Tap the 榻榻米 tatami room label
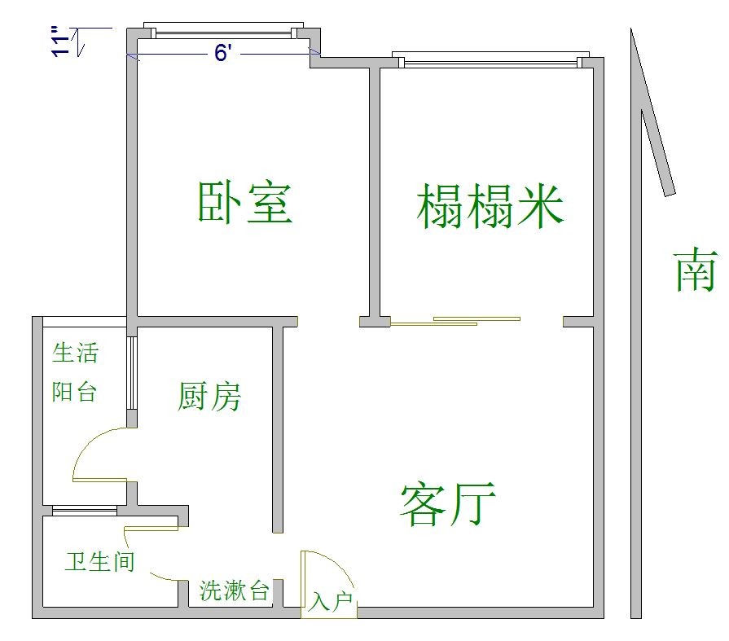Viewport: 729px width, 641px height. [x=490, y=205]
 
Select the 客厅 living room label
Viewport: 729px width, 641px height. [x=449, y=503]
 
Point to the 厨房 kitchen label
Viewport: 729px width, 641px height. [x=210, y=397]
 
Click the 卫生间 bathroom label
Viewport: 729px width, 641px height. [x=99, y=561]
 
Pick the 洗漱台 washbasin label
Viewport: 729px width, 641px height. [x=235, y=591]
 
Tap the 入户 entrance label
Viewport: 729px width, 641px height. [x=330, y=603]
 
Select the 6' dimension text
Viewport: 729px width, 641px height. [x=224, y=54]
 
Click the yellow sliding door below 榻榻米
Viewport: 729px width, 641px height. [x=456, y=321]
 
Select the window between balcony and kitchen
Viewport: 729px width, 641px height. [x=130, y=371]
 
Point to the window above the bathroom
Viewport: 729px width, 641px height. [x=85, y=511]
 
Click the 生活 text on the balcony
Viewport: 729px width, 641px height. [x=75, y=353]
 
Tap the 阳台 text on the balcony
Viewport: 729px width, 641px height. [x=75, y=392]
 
